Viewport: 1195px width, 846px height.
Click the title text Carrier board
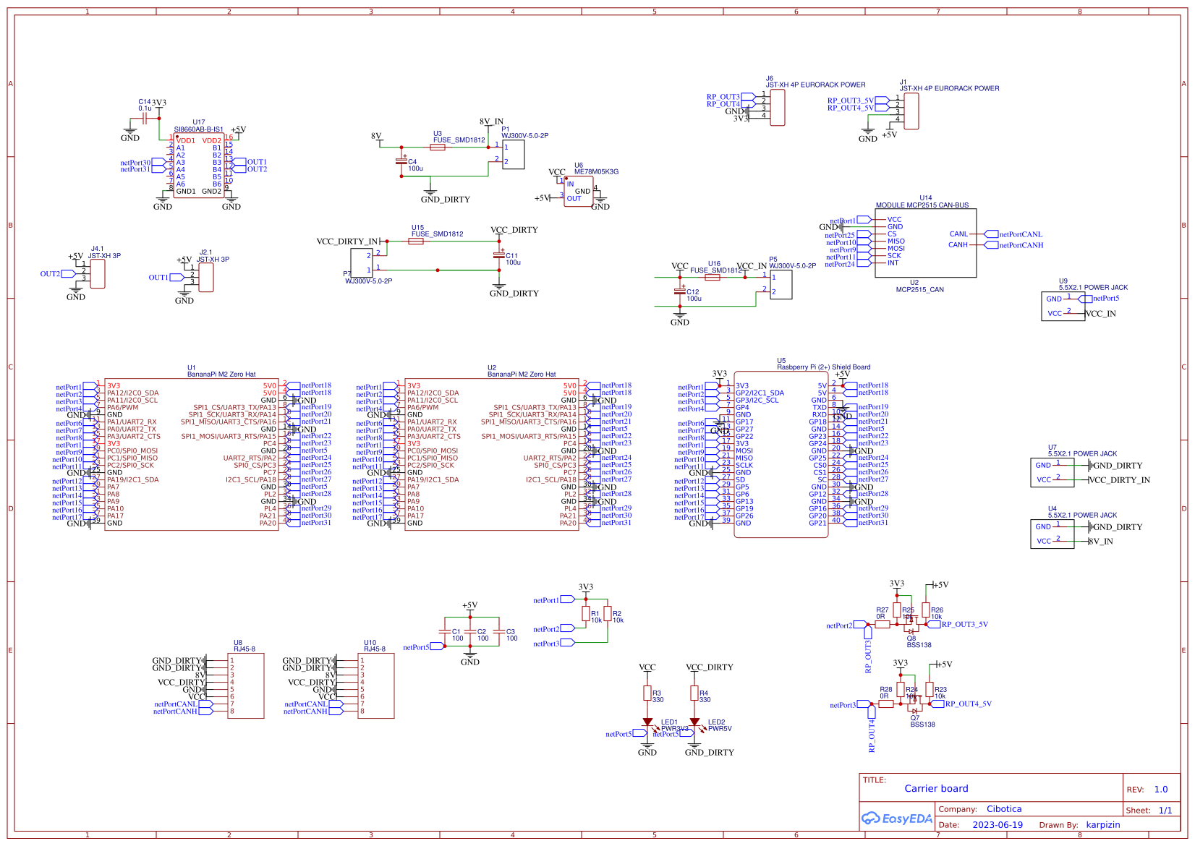click(935, 789)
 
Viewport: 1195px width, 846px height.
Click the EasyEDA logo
click(896, 819)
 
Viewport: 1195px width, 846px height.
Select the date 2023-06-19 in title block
click(997, 825)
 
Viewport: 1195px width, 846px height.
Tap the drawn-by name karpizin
click(1102, 825)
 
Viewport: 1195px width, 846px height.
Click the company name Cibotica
click(1003, 809)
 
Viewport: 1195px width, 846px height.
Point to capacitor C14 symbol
click(145, 118)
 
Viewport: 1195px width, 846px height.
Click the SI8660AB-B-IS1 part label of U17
click(198, 130)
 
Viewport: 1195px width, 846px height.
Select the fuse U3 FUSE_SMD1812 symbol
click(438, 148)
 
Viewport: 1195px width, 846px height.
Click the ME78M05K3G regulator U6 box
click(578, 192)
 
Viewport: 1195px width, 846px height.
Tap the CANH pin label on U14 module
click(958, 245)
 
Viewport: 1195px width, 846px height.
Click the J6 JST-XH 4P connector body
click(778, 108)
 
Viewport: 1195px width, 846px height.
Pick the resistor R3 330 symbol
click(647, 693)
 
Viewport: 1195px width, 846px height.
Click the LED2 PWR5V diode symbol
click(694, 722)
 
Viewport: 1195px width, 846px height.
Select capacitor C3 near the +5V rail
click(499, 633)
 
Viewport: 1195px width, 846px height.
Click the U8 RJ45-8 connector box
click(246, 685)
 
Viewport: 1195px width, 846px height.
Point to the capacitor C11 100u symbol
click(498, 255)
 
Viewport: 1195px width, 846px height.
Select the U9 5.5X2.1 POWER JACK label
click(1092, 287)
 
